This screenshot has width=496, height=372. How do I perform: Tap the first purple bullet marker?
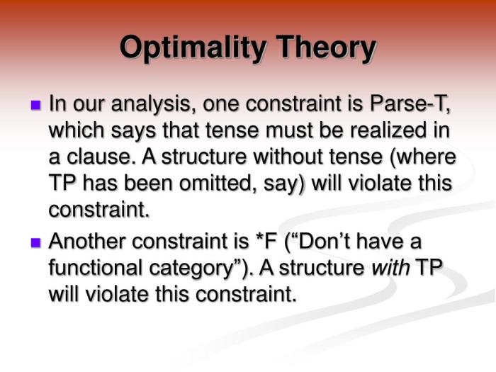click(36, 106)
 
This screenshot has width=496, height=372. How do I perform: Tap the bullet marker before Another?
click(36, 243)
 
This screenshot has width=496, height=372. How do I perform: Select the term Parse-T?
click(410, 105)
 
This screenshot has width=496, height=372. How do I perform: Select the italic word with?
click(388, 268)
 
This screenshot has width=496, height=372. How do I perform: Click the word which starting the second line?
click(74, 131)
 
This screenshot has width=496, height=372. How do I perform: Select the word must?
click(288, 131)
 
